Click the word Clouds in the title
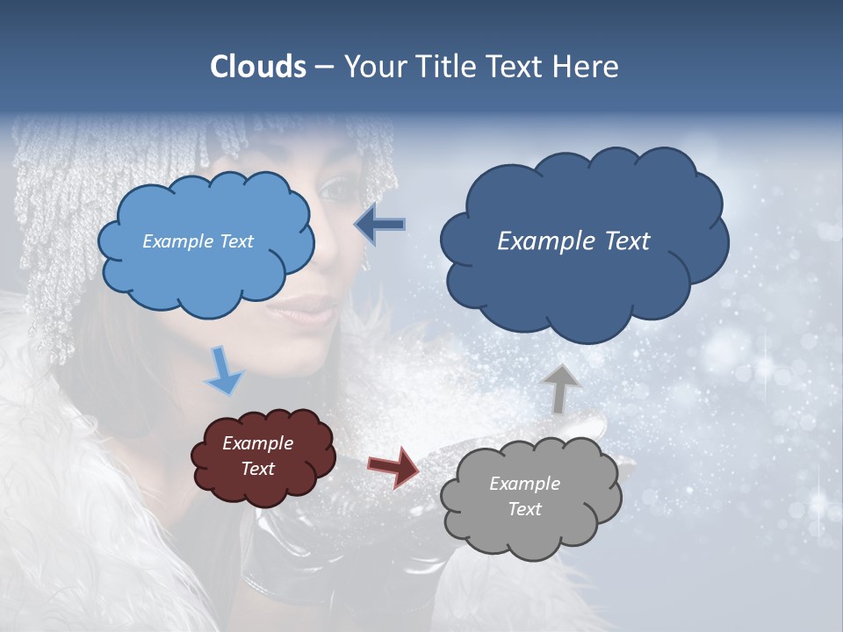click(258, 67)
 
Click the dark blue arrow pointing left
click(380, 225)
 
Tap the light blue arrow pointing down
click(224, 370)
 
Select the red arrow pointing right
click(393, 466)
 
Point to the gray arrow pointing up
click(561, 387)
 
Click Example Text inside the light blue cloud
click(198, 241)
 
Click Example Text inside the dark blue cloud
click(573, 241)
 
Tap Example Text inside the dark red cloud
click(258, 456)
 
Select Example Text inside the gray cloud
click(524, 496)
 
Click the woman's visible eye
click(336, 188)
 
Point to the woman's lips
click(310, 308)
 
